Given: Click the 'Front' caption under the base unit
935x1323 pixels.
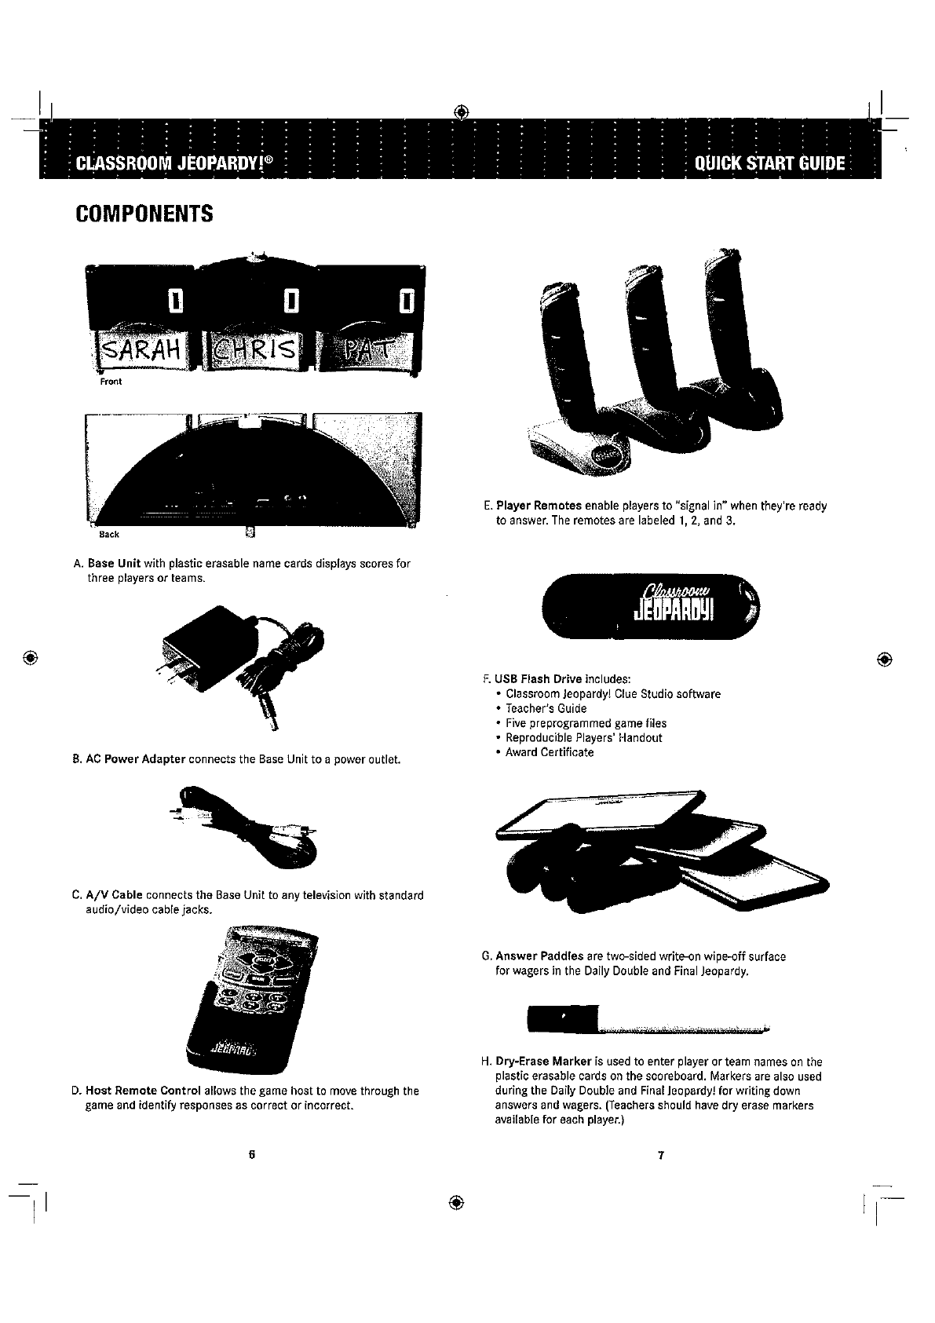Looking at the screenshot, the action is point(110,382).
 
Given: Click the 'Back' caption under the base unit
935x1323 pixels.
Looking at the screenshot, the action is point(108,535).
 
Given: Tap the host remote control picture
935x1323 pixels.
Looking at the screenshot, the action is point(251,997).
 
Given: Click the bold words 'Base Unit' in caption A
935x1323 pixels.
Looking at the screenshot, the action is point(115,564).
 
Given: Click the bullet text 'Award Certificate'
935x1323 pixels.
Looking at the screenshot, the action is point(550,753).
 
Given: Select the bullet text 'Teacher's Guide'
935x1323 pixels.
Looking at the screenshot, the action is point(546,709).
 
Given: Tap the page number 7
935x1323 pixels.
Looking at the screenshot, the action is point(661,1156).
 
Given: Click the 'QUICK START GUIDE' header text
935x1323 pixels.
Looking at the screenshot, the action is point(769,164).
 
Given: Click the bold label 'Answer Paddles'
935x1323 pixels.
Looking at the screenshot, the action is point(540,956).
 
